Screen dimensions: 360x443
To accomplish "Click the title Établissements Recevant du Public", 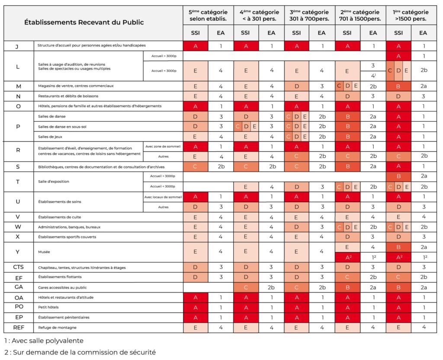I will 84,22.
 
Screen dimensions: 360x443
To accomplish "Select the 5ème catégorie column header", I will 208,15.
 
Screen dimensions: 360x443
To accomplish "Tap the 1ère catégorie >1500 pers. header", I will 411,15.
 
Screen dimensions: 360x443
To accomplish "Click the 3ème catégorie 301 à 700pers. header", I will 309,15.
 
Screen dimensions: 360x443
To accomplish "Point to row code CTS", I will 19,267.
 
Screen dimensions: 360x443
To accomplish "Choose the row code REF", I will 19,328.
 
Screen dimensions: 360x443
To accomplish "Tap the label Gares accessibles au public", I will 64,287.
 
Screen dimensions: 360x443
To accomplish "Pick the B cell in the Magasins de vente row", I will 398,86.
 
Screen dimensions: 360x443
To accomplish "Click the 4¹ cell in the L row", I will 372,76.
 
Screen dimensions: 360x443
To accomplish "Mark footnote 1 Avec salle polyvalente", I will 44,341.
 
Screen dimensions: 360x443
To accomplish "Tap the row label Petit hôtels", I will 48,308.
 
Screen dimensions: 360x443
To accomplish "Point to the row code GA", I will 19,287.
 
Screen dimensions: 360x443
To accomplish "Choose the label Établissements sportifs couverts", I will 67,237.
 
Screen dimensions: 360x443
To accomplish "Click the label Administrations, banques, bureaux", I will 70,227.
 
